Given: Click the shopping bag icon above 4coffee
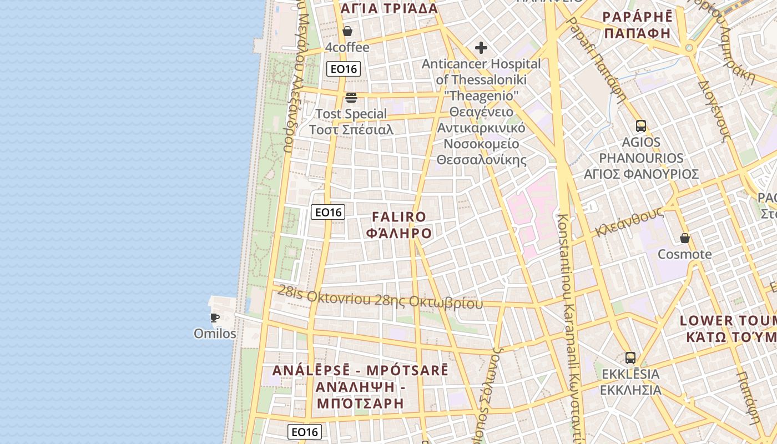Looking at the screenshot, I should coord(347,31).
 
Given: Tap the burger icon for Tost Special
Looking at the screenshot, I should coord(351,98).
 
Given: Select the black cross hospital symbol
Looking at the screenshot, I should coord(481,47).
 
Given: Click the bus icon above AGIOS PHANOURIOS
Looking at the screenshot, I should coord(641,126).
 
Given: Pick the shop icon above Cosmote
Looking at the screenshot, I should coord(685,238).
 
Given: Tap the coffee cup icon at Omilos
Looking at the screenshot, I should coord(215,317).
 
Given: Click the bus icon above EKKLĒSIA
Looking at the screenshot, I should coord(630,357).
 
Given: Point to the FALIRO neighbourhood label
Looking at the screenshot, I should coord(399,216).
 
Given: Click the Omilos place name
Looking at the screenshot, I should coord(215,334).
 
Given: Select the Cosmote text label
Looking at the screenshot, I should coord(684,254).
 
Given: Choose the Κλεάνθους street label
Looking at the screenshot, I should coord(630,222).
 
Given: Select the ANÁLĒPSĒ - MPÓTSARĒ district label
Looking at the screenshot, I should coord(360,371).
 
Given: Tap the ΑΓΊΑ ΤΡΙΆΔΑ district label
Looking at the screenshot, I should coord(389,9).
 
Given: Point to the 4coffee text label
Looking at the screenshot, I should coord(347,48).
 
